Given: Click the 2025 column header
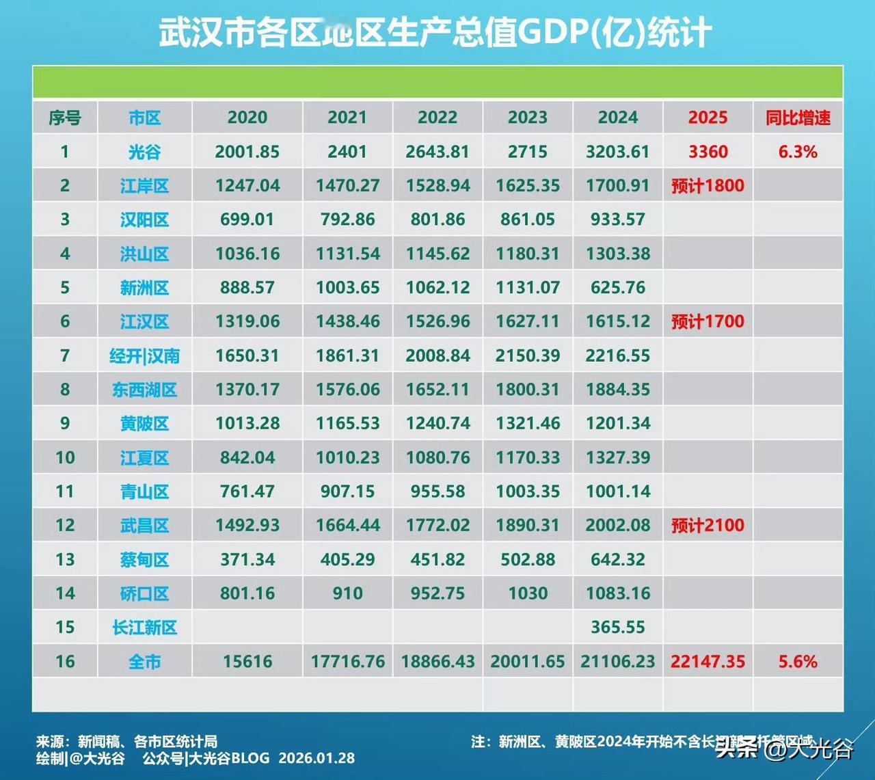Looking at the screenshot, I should coord(708,118).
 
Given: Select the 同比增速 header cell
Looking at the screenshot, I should coord(798,118).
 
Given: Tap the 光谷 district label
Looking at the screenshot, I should coord(144,152).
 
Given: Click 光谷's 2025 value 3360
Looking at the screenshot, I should coord(708,152).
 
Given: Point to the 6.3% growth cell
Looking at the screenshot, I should coord(798,152).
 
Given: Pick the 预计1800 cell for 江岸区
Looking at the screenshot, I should coord(708,186).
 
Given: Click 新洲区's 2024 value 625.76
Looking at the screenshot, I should coord(618,288).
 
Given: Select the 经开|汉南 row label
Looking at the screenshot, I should coord(144,355).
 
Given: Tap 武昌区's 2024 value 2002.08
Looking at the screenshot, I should coord(618,525).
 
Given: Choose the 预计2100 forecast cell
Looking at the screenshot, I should coord(708,525).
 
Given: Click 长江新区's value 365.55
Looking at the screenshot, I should coord(618,627).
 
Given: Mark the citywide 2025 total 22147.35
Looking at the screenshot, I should coord(708,661).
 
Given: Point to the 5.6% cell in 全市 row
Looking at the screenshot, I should coord(798,661).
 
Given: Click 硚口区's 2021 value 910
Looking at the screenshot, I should coord(347,593).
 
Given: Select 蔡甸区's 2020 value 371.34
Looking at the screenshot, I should coord(247,559).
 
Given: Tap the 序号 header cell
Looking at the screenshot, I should coord(65,118).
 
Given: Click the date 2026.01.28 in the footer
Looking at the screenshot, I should coord(317,758).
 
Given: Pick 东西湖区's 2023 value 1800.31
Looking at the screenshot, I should coord(528,390).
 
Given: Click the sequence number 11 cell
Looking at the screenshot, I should coord(65,492).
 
